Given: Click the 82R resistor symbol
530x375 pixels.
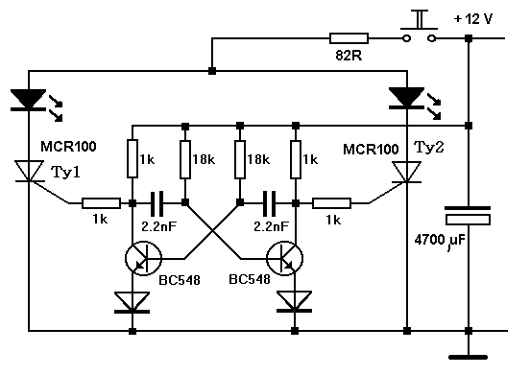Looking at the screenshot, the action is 349,38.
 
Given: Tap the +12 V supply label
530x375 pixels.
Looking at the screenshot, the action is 473,19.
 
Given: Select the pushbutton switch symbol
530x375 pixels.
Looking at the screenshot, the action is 420,28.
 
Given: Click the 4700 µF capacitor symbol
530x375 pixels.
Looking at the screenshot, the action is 469,216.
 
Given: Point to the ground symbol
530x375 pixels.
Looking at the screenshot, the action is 469,357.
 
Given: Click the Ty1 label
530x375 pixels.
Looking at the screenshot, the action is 66,172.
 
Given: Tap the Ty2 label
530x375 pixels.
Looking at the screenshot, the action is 429,148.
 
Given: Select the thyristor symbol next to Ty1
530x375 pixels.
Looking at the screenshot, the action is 30,172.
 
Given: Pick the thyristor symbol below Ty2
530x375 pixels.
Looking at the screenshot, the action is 407,172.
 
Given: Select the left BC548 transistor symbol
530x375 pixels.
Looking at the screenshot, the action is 143,258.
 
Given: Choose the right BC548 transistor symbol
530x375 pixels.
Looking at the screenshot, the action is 284,258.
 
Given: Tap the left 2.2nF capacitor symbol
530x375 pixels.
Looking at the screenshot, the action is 157,203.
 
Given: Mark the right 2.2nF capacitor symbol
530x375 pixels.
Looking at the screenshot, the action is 269,203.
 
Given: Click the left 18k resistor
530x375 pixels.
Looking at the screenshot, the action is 185,159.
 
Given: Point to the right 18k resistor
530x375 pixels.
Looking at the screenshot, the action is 240,159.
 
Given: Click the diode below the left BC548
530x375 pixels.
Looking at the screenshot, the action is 132,302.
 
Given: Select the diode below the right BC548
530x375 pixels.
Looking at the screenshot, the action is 295,301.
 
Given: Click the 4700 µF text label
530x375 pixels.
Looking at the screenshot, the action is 440,241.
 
